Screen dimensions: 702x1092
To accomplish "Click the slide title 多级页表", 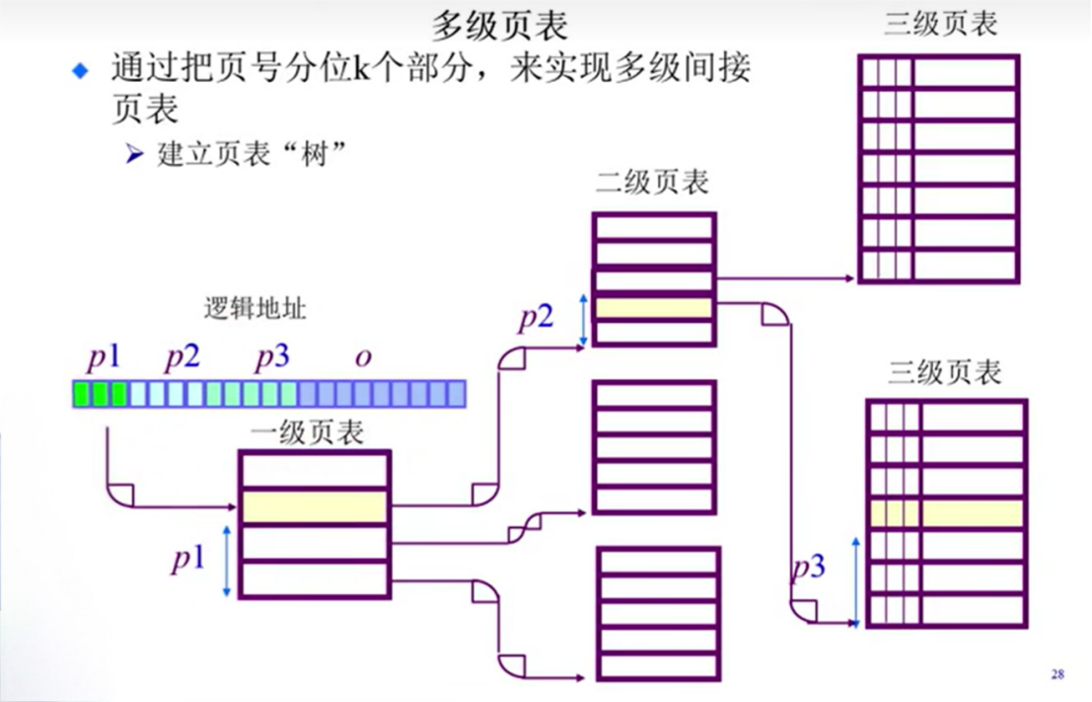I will click(x=500, y=26).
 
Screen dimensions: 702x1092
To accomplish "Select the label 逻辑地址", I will click(x=255, y=308).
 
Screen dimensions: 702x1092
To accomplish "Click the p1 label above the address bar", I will click(x=103, y=356).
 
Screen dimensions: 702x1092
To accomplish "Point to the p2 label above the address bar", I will click(x=182, y=356).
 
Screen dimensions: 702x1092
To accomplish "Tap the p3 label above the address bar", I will click(x=271, y=356).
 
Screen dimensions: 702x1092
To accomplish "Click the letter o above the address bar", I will click(x=363, y=356).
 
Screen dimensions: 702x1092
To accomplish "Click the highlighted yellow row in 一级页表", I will click(x=315, y=507).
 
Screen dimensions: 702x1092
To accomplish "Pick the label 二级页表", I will click(x=652, y=183).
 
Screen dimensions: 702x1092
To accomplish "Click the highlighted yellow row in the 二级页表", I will click(x=654, y=307).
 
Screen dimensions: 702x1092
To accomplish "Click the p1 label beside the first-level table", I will click(x=187, y=560).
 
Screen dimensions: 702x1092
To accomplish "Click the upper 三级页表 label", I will click(x=940, y=24).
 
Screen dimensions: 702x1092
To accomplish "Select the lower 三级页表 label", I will click(x=945, y=372).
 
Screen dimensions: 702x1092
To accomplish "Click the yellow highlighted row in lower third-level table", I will click(x=947, y=513).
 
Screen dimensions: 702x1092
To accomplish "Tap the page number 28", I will click(x=1056, y=674).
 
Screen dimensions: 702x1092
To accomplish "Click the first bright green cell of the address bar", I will click(x=81, y=395).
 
